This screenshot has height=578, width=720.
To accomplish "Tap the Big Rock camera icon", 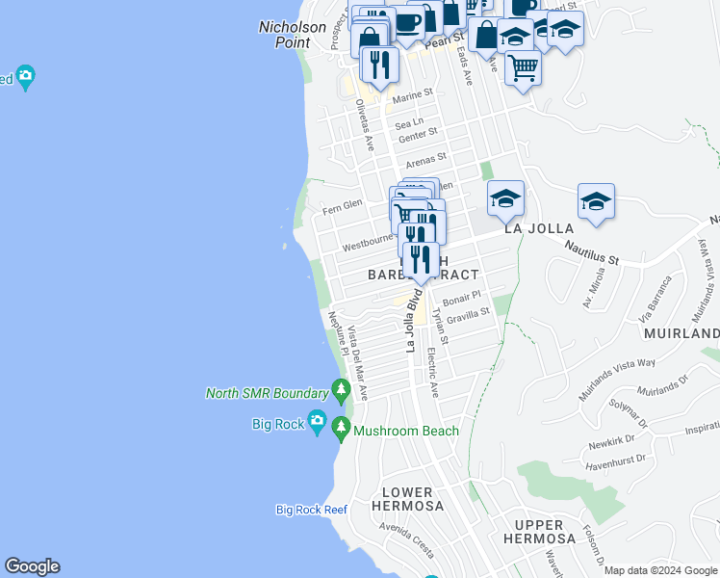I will pos(317,423).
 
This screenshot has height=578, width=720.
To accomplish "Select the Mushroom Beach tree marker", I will pos(341,426).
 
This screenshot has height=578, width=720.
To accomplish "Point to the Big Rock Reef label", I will pos(311,510).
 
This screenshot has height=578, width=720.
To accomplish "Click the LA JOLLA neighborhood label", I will pos(539,228).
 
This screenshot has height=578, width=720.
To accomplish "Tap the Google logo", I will pos(32,566).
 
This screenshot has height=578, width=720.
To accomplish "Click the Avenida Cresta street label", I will pos(406,539).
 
